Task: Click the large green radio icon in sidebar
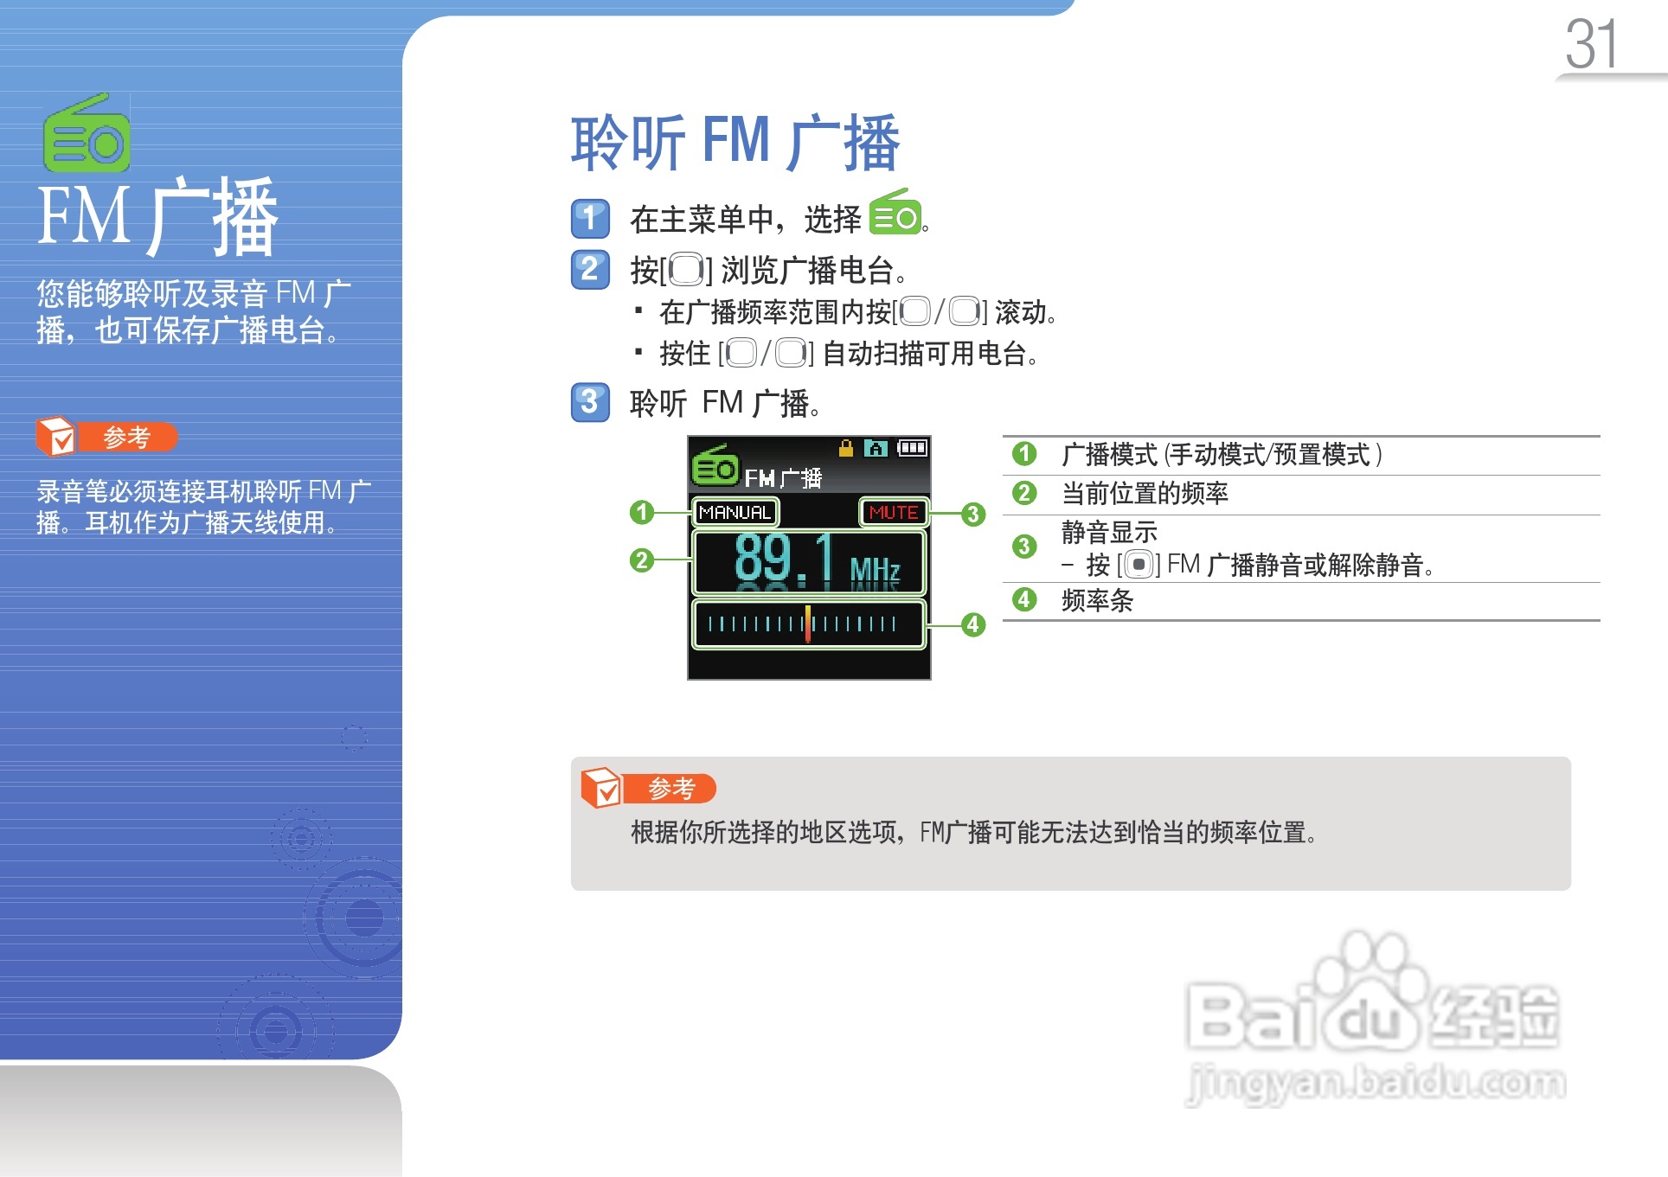[x=87, y=133]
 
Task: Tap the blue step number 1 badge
[x=590, y=218]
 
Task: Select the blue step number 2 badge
[x=590, y=269]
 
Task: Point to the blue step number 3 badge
[x=590, y=402]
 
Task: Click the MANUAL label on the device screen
[x=735, y=513]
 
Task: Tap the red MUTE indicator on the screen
[x=893, y=513]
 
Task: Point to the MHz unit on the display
[x=875, y=570]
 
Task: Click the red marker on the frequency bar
[x=808, y=624]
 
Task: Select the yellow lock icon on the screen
[x=846, y=448]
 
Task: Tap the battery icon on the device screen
[x=912, y=448]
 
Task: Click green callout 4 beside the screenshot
[x=973, y=624]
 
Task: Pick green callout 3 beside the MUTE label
[x=973, y=515]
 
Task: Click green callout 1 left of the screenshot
[x=641, y=512]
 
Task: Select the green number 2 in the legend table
[x=1024, y=493]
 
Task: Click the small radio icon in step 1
[x=895, y=212]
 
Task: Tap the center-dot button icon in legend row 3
[x=1139, y=565]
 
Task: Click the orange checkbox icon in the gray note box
[x=600, y=787]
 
